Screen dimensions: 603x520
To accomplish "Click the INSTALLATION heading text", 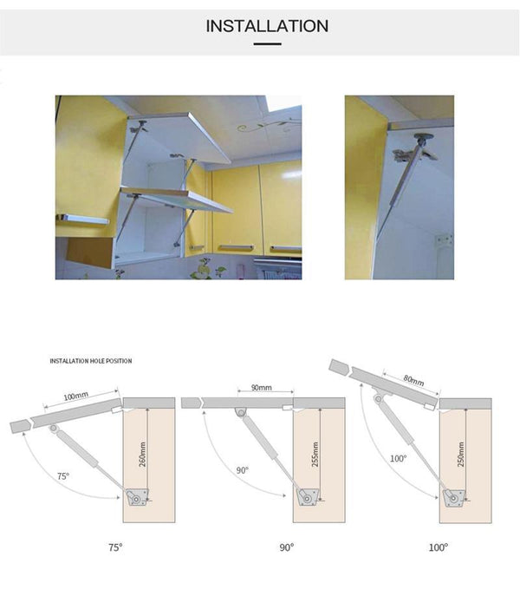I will click(x=267, y=26).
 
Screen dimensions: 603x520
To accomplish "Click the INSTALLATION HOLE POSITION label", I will click(x=91, y=360).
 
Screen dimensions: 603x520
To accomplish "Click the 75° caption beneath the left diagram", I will click(x=114, y=547).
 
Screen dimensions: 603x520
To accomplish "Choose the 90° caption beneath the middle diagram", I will click(x=286, y=547).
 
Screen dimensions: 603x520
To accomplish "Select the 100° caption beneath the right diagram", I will click(x=439, y=547).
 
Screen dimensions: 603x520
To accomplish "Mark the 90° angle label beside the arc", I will click(x=242, y=470).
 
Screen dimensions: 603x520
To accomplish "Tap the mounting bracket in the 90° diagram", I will click(x=305, y=497).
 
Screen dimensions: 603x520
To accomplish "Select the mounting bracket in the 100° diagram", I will click(x=451, y=497).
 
